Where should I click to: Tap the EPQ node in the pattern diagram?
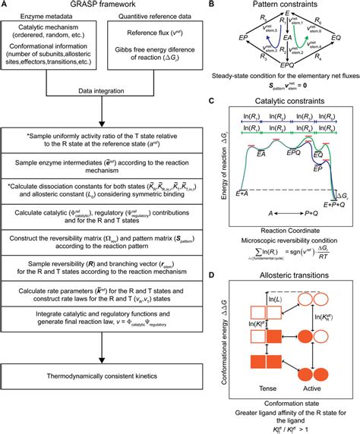point(283,87)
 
